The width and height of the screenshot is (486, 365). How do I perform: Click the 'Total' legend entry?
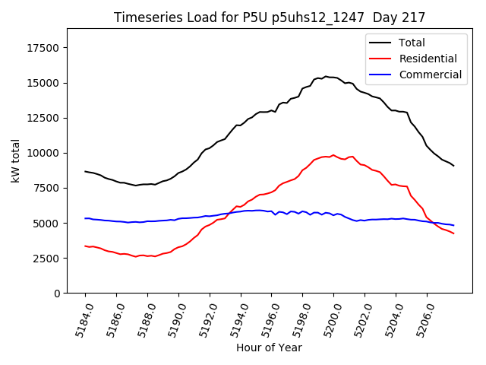[x=412, y=43]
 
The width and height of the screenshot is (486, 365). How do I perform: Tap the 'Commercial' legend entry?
[x=430, y=75]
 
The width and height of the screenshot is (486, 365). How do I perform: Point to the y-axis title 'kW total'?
[x=15, y=160]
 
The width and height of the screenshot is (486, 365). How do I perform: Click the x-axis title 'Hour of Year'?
[x=269, y=348]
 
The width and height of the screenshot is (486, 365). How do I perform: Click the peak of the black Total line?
[x=326, y=76]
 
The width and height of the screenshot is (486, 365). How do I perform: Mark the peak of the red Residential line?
[x=333, y=155]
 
